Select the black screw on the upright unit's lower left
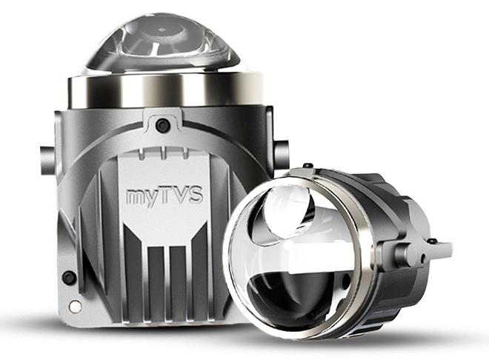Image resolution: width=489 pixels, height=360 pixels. click(69, 278)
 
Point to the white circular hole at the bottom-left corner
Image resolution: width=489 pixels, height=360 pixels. click(75, 305)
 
